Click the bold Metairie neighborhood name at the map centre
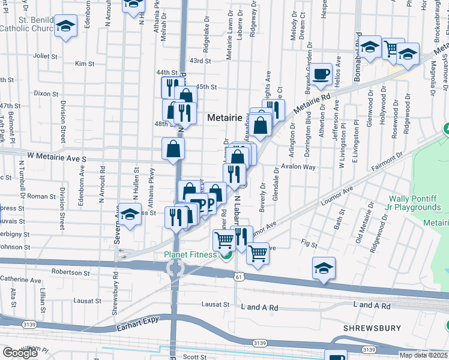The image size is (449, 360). pyautogui.click(x=224, y=118)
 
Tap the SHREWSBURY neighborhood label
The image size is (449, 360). pyautogui.click(x=372, y=328)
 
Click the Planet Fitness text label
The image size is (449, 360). pyautogui.click(x=191, y=254)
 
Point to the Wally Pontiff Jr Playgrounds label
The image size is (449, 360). pyautogui.click(x=415, y=203)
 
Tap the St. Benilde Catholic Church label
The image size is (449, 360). pyautogui.click(x=28, y=24)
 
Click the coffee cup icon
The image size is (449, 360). pyautogui.click(x=322, y=74)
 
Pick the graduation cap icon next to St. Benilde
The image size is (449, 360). pyautogui.click(x=65, y=26)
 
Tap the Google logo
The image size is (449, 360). pyautogui.click(x=20, y=353)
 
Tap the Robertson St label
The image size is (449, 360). pyautogui.click(x=71, y=272)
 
